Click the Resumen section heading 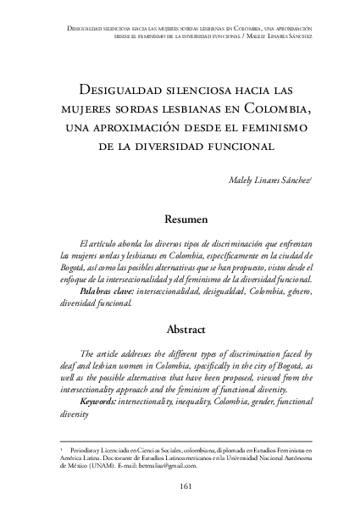coord(180,219)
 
